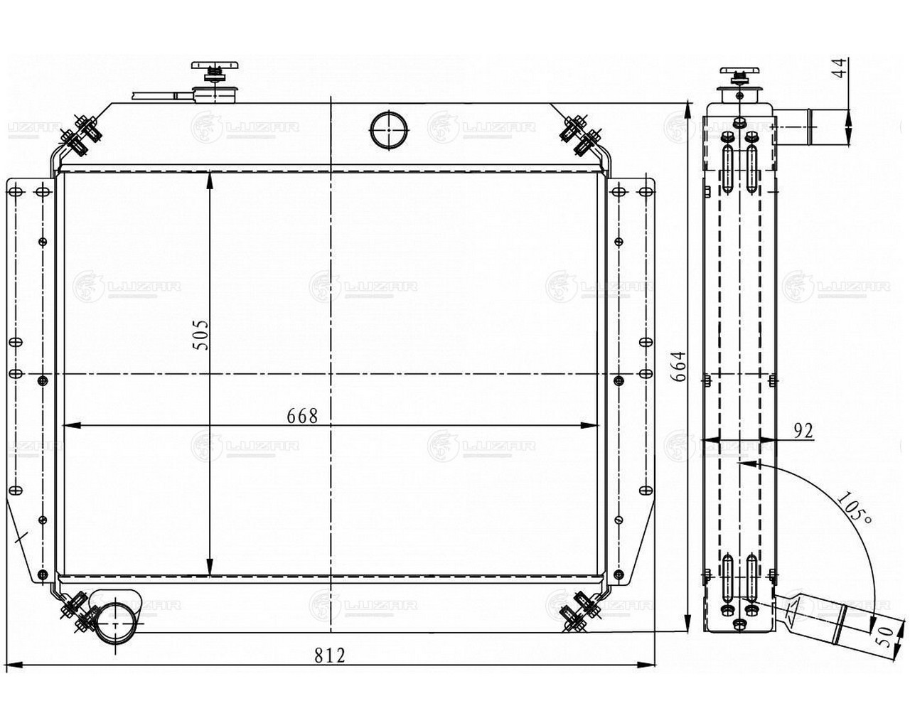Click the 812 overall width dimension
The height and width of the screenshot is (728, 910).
pyautogui.click(x=330, y=655)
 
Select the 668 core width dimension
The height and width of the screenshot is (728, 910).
pyautogui.click(x=302, y=416)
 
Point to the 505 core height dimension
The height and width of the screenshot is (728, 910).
pyautogui.click(x=201, y=335)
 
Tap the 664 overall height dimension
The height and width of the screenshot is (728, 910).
pyautogui.click(x=679, y=366)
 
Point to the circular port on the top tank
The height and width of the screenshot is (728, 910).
pyautogui.click(x=389, y=130)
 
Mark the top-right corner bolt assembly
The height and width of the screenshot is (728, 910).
pyautogui.click(x=581, y=135)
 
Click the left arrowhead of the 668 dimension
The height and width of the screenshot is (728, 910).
pyautogui.click(x=71, y=426)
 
